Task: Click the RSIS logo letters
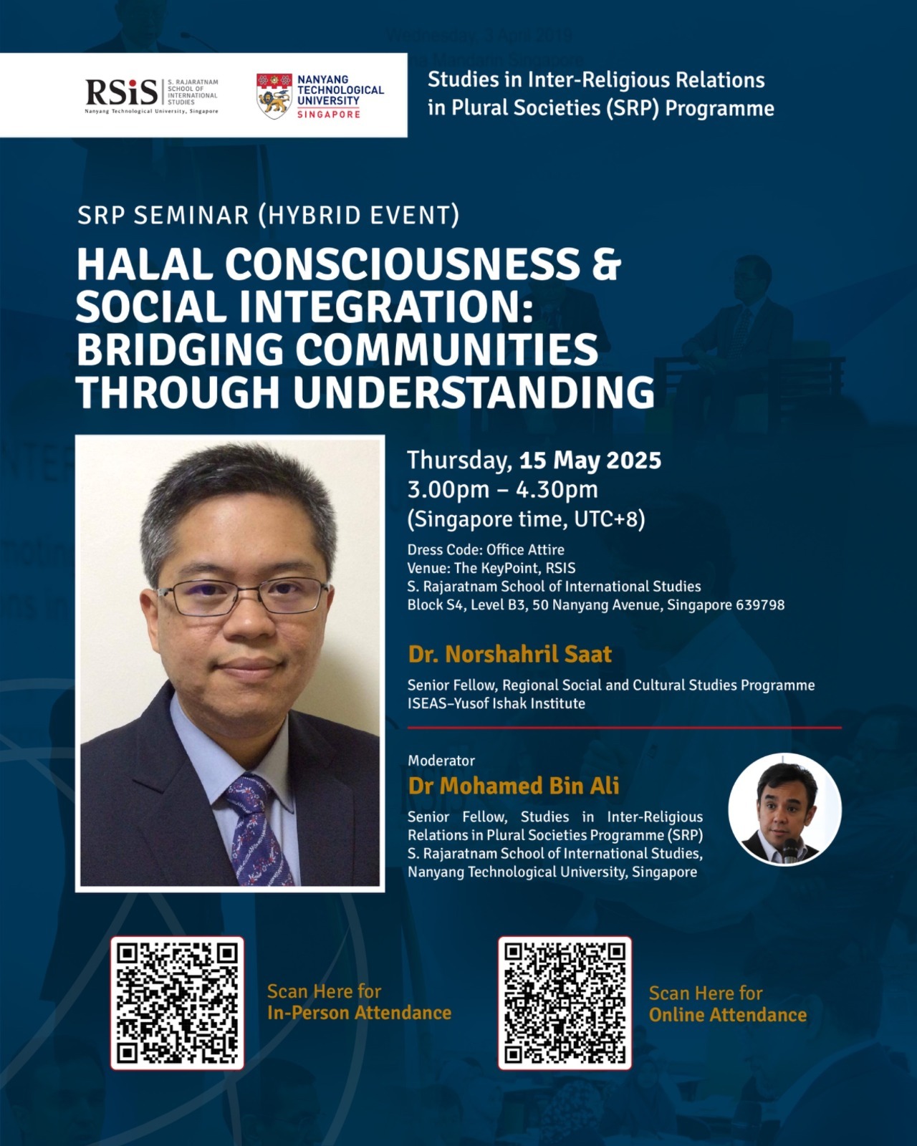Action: pos(122,92)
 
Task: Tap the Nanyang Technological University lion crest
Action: pos(274,96)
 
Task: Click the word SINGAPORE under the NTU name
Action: pos(328,114)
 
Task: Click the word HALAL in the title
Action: pos(145,265)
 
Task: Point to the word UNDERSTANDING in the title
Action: pos(474,393)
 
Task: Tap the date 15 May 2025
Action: pos(590,460)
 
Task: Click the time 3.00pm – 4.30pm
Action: pos(502,490)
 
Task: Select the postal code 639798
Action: pos(760,605)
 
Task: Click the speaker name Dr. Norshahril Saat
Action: pos(510,654)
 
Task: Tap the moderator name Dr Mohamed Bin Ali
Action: pos(514,786)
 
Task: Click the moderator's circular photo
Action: pos(785,809)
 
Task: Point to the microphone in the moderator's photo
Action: pos(790,849)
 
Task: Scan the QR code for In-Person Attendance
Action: pos(178,1003)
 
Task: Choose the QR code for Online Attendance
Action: pos(565,1003)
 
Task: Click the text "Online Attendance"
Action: pos(728,1015)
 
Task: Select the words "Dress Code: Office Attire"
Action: pos(486,549)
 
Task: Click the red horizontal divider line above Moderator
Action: pos(625,728)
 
